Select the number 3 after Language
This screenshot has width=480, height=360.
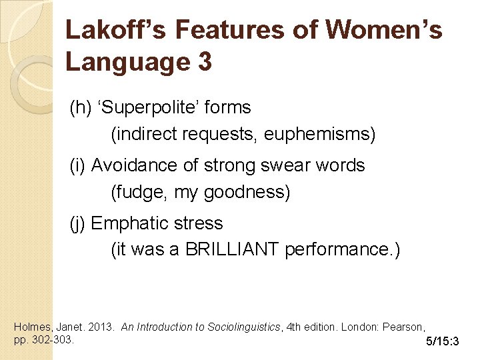point(204,62)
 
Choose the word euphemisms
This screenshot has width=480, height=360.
point(320,135)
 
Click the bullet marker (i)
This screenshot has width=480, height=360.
point(78,165)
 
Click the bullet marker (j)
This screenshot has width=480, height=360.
point(78,223)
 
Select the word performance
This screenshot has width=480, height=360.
point(340,250)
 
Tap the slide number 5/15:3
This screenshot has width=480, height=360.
point(443,342)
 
